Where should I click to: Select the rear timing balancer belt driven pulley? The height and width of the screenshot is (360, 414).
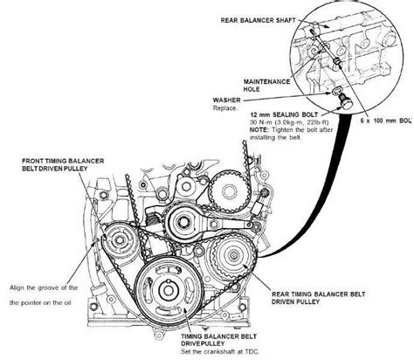tap(234, 255)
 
